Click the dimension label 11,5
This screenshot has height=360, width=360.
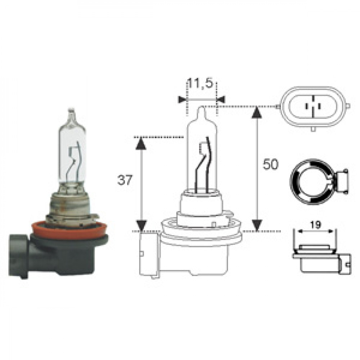(x=200, y=84)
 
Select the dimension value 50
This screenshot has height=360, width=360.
(x=270, y=164)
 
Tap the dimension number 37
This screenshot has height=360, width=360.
(x=125, y=180)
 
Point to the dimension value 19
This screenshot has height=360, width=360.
(x=315, y=225)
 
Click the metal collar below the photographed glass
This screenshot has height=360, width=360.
(x=69, y=206)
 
